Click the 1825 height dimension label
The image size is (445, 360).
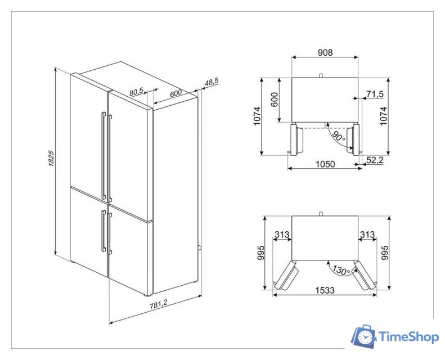51,158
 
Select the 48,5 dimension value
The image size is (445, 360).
212,82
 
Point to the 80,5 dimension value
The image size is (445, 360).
137,92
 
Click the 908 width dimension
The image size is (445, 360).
325,52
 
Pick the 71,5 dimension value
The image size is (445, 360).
375,93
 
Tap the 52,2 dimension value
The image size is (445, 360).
375,160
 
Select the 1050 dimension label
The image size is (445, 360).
325,164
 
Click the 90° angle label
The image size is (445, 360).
339,137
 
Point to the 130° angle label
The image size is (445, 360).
341,270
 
